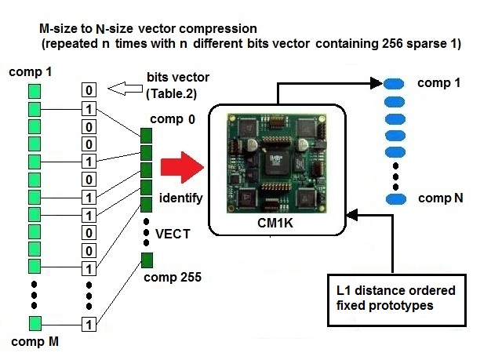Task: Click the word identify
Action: point(181,198)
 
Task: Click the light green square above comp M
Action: point(34,322)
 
